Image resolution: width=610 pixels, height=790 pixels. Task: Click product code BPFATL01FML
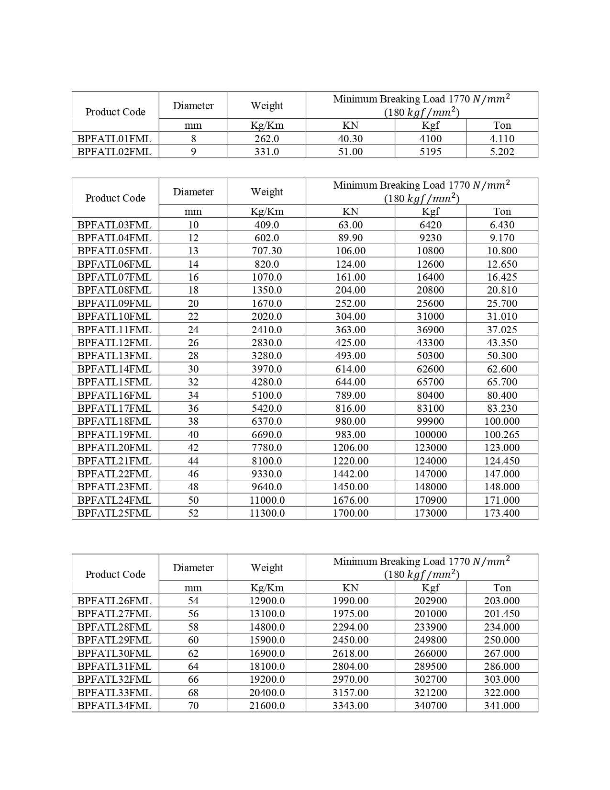pyautogui.click(x=114, y=139)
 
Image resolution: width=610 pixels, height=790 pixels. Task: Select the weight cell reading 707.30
pyautogui.click(x=267, y=251)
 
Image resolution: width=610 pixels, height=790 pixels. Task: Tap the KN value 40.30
pyautogui.click(x=350, y=139)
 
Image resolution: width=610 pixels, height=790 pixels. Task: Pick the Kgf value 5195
pyautogui.click(x=430, y=152)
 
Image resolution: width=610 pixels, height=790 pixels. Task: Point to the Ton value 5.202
pyautogui.click(x=502, y=152)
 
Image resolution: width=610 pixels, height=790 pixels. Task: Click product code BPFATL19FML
pyautogui.click(x=114, y=435)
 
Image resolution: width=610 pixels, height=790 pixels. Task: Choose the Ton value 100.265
pyautogui.click(x=502, y=435)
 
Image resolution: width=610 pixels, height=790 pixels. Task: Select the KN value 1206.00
pyautogui.click(x=350, y=448)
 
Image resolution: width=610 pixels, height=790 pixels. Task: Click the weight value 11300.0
pyautogui.click(x=267, y=513)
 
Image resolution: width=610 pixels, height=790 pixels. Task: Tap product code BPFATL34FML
pyautogui.click(x=114, y=706)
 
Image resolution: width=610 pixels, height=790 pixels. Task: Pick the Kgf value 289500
pyautogui.click(x=430, y=666)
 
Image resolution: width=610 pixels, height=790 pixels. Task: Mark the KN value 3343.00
pyautogui.click(x=350, y=706)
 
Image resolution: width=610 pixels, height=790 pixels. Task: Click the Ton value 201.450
pyautogui.click(x=502, y=614)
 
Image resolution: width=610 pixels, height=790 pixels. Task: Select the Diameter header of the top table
pyautogui.click(x=193, y=106)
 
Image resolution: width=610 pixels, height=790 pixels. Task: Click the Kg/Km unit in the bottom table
pyautogui.click(x=267, y=588)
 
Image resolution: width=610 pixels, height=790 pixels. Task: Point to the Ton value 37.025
pyautogui.click(x=502, y=330)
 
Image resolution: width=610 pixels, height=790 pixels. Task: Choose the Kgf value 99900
pyautogui.click(x=430, y=421)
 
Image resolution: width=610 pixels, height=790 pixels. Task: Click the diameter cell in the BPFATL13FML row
pyautogui.click(x=193, y=356)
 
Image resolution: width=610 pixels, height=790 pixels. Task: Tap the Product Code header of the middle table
pyautogui.click(x=115, y=198)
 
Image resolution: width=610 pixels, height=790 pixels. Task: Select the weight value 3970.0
pyautogui.click(x=267, y=369)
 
